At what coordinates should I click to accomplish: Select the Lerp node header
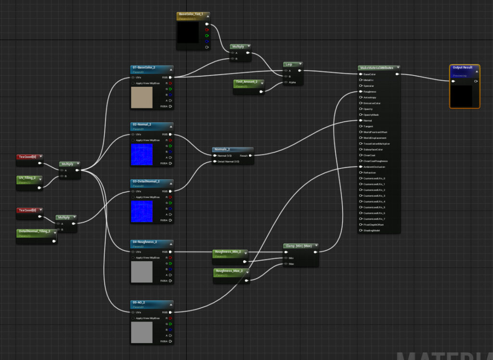click(x=289, y=64)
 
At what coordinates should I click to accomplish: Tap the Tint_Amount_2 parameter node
click(x=246, y=82)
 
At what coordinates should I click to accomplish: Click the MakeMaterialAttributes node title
click(x=377, y=68)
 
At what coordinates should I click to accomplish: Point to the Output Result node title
click(x=463, y=68)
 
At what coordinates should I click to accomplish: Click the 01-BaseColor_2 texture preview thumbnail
click(x=142, y=97)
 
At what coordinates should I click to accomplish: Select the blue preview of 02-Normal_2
click(x=142, y=154)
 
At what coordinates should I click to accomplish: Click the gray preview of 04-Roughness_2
click(x=142, y=272)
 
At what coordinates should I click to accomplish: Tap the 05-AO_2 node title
click(x=139, y=303)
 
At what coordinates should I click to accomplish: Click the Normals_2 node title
click(x=222, y=149)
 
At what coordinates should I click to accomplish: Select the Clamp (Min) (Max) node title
click(x=299, y=246)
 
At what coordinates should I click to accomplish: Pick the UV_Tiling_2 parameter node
click(x=27, y=178)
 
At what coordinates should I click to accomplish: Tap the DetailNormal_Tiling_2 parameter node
click(x=35, y=231)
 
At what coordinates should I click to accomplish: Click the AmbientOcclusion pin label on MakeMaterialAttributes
click(x=374, y=167)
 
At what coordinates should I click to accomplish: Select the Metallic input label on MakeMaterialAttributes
click(x=369, y=80)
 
